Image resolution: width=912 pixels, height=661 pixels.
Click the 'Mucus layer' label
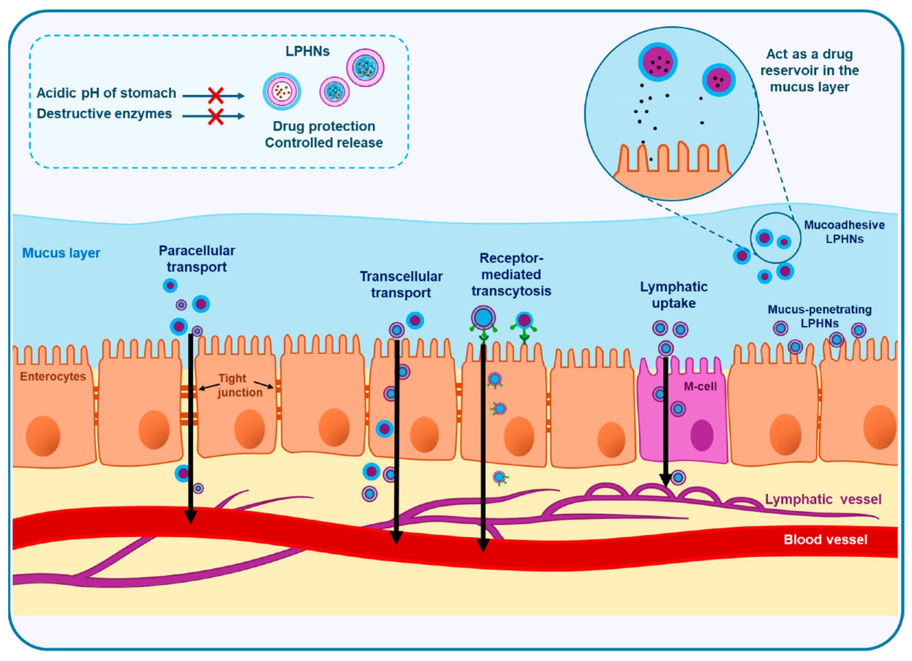(x=61, y=253)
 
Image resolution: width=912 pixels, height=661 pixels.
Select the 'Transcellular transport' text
(x=401, y=284)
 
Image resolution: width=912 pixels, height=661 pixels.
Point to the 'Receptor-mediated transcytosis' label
(x=511, y=275)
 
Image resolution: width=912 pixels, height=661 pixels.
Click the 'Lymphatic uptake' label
(x=674, y=295)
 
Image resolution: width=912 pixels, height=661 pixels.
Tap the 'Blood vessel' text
(x=825, y=539)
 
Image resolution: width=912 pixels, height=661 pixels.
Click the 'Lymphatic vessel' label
(x=823, y=499)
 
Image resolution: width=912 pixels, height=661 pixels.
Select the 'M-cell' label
(x=700, y=387)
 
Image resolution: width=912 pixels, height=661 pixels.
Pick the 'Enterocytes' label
(x=53, y=377)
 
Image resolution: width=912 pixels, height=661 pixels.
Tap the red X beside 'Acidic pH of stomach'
(x=216, y=96)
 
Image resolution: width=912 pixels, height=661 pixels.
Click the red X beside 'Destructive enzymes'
(x=216, y=117)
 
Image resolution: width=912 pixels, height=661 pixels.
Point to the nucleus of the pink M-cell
(x=702, y=436)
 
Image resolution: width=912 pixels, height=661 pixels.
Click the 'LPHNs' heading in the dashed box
(x=308, y=51)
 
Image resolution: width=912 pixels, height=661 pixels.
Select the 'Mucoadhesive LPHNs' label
(x=844, y=232)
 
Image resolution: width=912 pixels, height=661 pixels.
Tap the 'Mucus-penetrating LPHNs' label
(x=819, y=316)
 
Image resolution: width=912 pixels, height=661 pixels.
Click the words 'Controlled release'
(x=324, y=143)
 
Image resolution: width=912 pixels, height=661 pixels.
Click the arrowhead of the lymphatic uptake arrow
(x=665, y=480)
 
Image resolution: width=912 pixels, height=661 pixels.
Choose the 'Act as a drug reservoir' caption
(x=810, y=70)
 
